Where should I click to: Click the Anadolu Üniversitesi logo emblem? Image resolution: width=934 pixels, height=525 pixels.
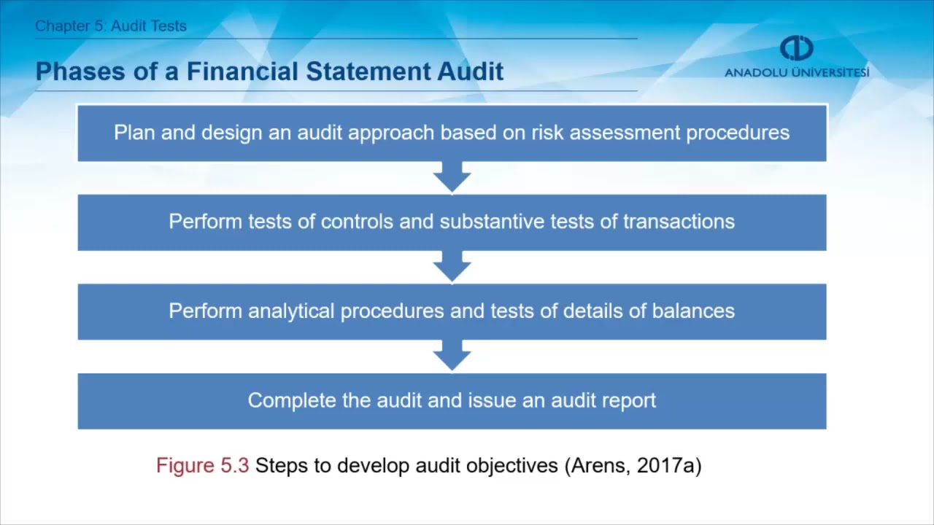click(x=796, y=48)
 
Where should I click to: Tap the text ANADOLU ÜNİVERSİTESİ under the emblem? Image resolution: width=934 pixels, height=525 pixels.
click(x=797, y=73)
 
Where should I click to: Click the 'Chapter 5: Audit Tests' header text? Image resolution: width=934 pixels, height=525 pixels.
click(x=111, y=26)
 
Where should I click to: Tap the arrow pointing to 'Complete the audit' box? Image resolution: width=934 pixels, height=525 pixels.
click(x=452, y=357)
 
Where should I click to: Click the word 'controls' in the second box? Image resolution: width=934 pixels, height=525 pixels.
click(x=358, y=222)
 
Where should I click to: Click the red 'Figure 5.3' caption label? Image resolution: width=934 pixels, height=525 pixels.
click(x=202, y=466)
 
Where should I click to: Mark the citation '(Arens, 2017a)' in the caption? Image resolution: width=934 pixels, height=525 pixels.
click(x=633, y=466)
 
